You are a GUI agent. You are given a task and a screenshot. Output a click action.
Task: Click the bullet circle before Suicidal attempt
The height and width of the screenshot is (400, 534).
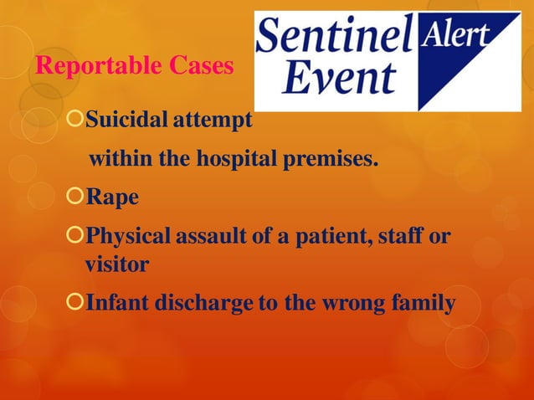pyautogui.click(x=75, y=121)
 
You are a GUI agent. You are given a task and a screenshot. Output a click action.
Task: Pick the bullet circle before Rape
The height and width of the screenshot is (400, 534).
pyautogui.click(x=75, y=198)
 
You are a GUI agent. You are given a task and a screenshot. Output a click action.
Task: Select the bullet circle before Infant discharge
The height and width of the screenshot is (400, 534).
pyautogui.click(x=75, y=303)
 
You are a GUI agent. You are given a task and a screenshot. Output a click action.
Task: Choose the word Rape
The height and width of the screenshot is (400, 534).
pyautogui.click(x=112, y=199)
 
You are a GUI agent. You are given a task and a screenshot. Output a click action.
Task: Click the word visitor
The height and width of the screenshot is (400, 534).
pyautogui.click(x=116, y=265)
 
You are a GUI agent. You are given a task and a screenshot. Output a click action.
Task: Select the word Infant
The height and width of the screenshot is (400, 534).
pyautogui.click(x=117, y=303)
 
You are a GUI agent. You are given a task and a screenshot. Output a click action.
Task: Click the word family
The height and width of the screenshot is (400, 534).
pyautogui.click(x=423, y=303)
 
